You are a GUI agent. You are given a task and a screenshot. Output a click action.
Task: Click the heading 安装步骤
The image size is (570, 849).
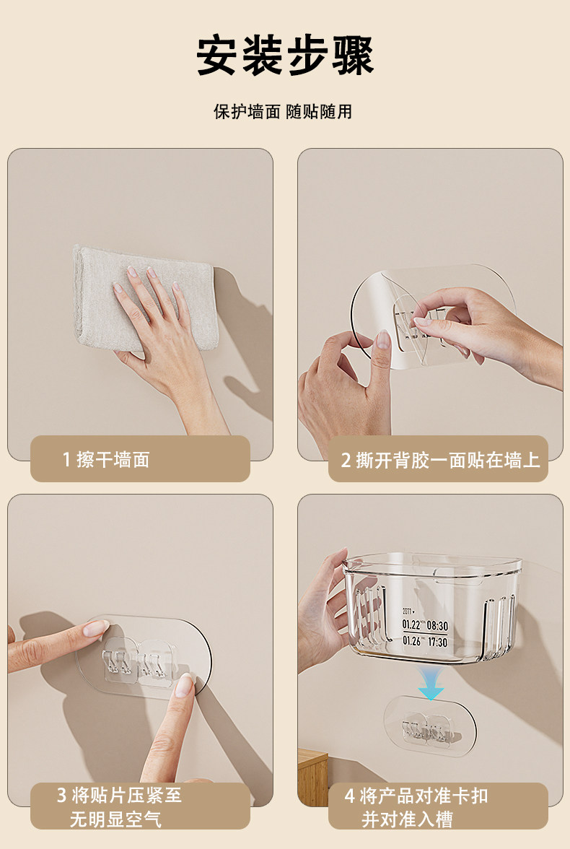[x=285, y=56]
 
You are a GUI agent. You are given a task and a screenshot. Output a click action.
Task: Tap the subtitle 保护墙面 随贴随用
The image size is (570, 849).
[x=283, y=111]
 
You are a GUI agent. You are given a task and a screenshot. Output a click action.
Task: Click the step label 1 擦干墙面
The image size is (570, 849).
[x=106, y=460]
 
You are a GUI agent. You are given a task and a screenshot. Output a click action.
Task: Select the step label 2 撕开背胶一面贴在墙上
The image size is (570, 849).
[x=440, y=461]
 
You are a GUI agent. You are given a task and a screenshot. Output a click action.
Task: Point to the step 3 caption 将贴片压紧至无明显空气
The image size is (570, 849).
[x=119, y=807]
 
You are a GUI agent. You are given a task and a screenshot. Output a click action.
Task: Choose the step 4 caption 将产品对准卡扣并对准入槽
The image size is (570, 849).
[x=416, y=807]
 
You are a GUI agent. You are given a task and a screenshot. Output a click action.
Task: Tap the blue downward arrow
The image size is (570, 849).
[x=431, y=683]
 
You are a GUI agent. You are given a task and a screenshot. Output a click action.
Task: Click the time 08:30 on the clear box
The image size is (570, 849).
[x=437, y=625]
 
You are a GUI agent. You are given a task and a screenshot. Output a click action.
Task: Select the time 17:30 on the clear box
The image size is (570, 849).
[x=437, y=642]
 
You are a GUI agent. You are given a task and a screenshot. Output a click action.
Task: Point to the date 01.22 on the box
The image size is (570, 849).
[x=411, y=624]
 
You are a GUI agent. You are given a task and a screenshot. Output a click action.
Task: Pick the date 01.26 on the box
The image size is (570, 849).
[x=411, y=640]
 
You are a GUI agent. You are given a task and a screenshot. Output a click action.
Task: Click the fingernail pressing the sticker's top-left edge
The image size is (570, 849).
[x=96, y=628]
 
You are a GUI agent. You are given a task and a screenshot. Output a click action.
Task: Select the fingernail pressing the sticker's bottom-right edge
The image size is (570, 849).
[x=185, y=686]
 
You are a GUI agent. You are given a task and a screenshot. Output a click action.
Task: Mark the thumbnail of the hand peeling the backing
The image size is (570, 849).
[x=383, y=340]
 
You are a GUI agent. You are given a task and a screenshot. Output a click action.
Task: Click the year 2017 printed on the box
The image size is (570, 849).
[x=406, y=611]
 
